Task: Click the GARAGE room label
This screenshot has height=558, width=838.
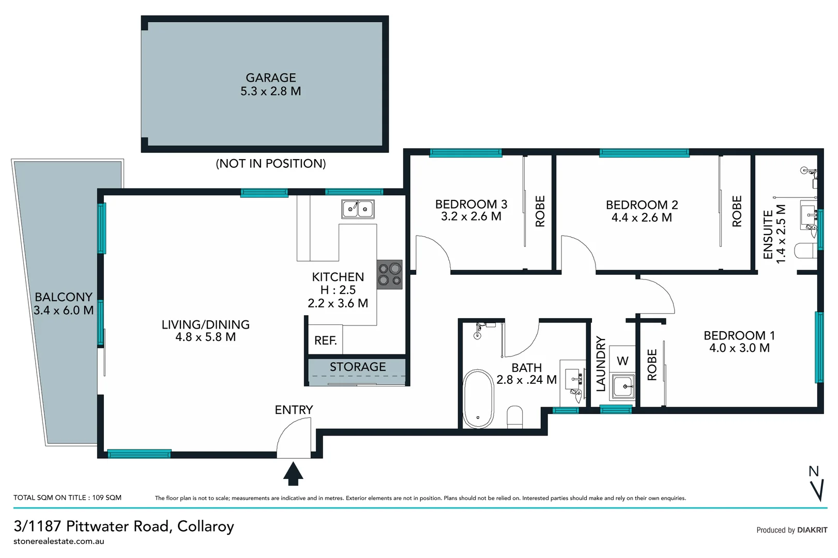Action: (270, 78)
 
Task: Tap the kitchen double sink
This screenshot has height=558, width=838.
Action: (358, 209)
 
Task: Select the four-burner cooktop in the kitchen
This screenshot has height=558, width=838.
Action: (389, 274)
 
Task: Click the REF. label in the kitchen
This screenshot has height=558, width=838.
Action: (325, 340)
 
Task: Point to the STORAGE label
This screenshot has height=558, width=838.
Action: (357, 367)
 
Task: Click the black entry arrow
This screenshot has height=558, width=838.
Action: (293, 474)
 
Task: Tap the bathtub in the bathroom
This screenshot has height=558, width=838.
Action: (478, 398)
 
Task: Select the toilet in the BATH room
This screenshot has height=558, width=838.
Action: (515, 416)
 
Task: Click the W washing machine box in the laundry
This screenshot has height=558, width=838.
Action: (622, 360)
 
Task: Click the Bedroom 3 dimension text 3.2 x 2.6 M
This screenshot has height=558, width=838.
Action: (471, 216)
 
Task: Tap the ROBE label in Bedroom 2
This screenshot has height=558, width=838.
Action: (737, 211)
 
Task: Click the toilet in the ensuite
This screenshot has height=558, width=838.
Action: (805, 251)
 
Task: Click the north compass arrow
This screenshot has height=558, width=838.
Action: (816, 489)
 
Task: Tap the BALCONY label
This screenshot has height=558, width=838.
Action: (63, 297)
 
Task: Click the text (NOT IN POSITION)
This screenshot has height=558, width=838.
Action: (270, 164)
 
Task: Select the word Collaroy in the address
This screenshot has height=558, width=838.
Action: (205, 526)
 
